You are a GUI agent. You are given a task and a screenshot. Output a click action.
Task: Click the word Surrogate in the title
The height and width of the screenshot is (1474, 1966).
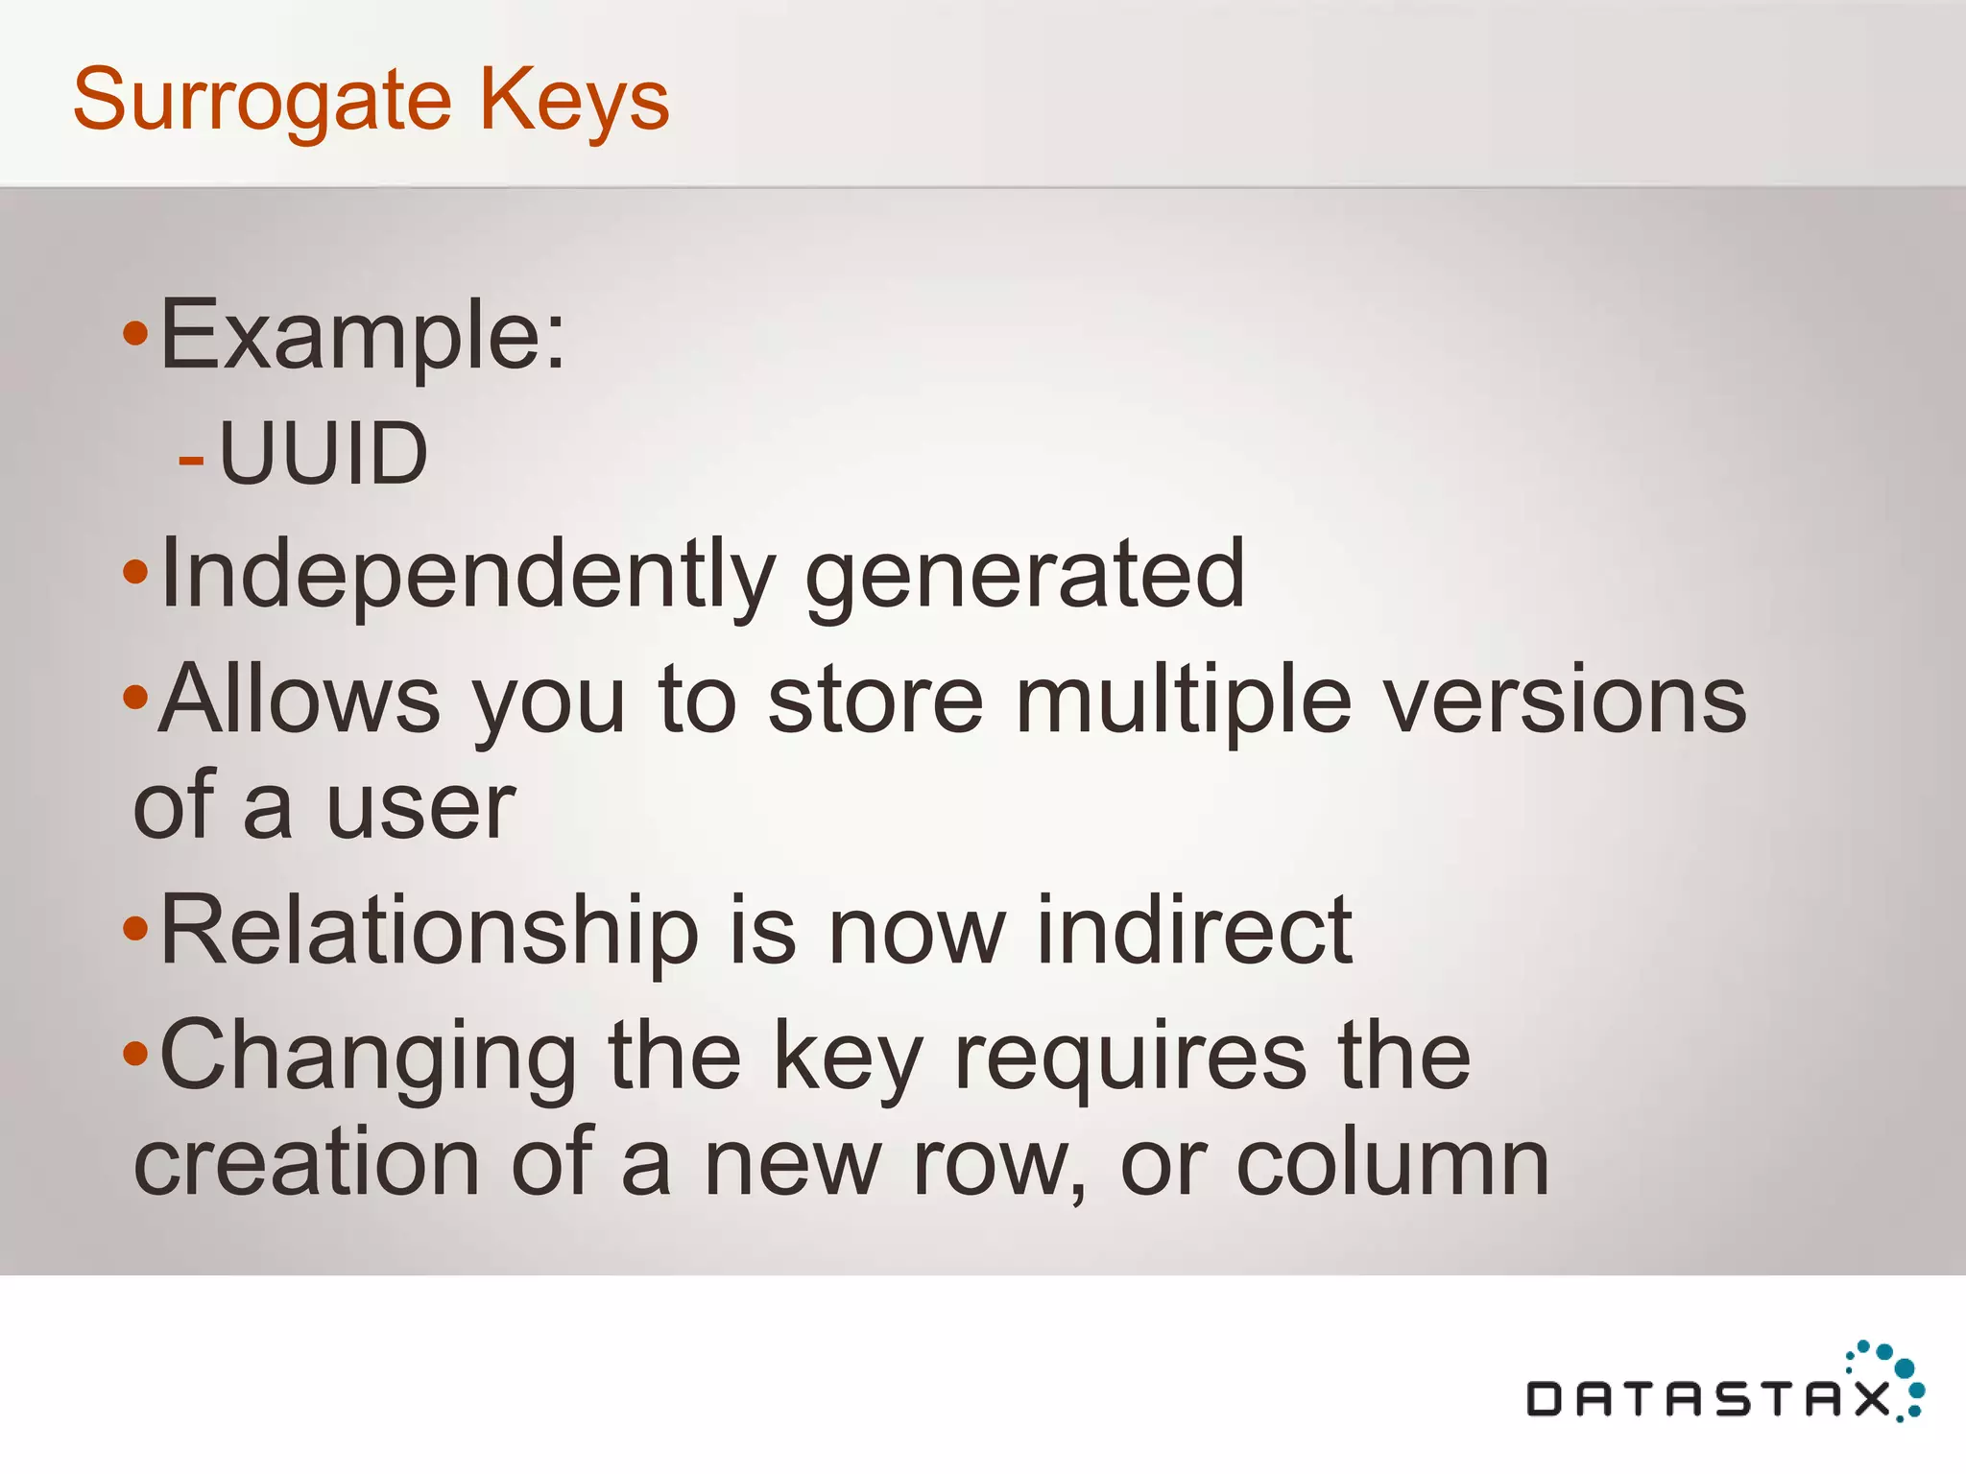pos(262,101)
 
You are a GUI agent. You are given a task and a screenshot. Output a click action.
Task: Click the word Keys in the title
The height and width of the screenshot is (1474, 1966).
pos(573,101)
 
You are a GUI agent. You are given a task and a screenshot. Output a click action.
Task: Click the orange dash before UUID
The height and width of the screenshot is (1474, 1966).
pos(191,461)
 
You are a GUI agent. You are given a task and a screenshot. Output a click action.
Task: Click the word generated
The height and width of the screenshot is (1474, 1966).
pos(1025,574)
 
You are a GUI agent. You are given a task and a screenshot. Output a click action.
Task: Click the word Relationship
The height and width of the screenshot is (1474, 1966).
pos(429,930)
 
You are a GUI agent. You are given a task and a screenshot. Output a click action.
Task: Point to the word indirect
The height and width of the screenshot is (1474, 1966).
pos(1194,930)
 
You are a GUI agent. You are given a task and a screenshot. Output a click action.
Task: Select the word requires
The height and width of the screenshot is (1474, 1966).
pos(1130,1056)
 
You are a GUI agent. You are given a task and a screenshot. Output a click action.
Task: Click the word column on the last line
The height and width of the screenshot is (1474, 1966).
pos(1392,1163)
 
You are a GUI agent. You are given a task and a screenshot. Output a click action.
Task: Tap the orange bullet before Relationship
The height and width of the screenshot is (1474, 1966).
pos(136,928)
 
